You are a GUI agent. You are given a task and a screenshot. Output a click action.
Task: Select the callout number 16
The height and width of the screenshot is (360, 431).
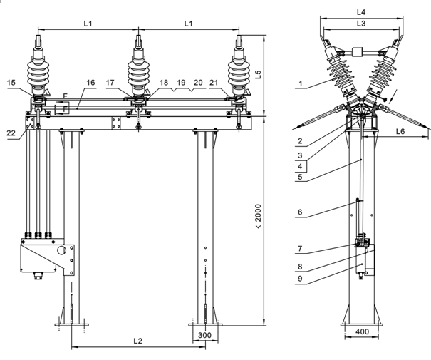point(90,83)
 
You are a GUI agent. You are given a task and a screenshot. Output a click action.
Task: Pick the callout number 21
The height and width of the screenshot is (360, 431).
point(213,83)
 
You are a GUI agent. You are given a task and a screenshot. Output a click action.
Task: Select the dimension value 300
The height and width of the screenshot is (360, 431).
point(205,334)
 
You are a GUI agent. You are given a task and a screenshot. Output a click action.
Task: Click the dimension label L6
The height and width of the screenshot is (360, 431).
point(400,130)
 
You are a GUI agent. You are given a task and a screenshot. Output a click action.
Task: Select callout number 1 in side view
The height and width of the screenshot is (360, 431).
point(301,83)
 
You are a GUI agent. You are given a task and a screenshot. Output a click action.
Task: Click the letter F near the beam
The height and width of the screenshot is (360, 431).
point(65,94)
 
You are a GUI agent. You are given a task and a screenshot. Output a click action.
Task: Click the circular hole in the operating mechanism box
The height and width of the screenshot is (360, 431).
point(62,251)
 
